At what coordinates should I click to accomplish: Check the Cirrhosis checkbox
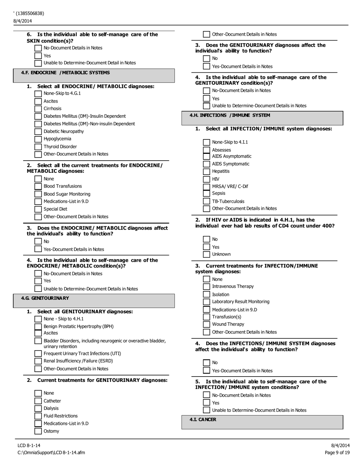coord(38,109)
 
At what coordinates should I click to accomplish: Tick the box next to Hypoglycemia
coord(38,139)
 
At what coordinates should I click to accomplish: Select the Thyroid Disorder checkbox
coord(38,147)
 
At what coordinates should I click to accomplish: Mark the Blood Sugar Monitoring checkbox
coord(38,194)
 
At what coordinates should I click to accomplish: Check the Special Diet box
coord(38,209)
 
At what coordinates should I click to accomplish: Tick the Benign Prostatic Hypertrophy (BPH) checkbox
coord(38,326)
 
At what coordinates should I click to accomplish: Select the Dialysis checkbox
coord(38,408)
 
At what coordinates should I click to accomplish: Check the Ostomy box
coord(38,431)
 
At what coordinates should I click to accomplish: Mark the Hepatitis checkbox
coord(206,171)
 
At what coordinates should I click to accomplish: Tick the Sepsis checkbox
coord(206,194)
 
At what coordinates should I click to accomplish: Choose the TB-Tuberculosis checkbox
coord(206,202)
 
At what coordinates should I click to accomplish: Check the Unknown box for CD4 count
coord(206,254)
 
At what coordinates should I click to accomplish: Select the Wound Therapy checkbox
coord(206,324)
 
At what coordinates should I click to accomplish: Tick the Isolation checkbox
coord(206,294)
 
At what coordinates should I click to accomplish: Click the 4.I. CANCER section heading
coord(203,420)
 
